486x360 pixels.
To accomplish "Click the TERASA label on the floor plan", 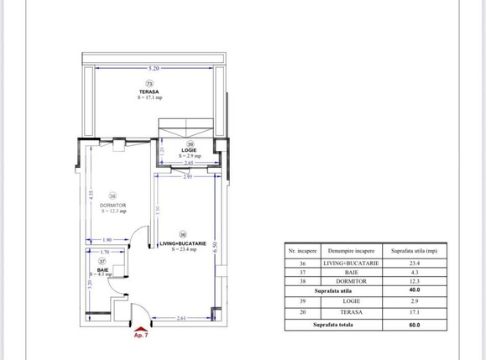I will coord(150,91).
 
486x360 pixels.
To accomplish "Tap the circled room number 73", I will coord(150,84).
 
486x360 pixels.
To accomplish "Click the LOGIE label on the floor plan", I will coord(190,150).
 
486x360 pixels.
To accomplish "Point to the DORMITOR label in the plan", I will coord(112,205).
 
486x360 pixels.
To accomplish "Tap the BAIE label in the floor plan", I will coord(102,269).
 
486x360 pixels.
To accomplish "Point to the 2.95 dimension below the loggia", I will coord(189,177).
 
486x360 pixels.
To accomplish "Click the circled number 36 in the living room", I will coord(183,235).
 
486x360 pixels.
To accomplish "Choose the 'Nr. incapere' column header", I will coord(302,251).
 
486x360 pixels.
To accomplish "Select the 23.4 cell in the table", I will coord(413,263).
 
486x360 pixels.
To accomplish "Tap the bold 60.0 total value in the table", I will coord(413,324).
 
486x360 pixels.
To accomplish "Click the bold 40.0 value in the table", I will coord(413,291).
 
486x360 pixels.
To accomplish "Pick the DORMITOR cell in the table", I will coord(351,282).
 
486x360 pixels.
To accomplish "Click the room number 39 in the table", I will coord(302,300).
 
